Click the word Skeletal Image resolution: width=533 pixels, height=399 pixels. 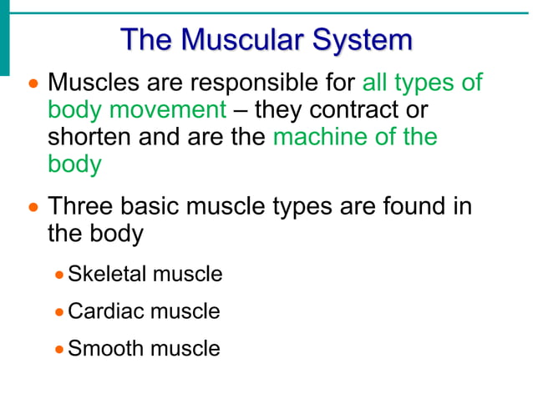tap(104, 274)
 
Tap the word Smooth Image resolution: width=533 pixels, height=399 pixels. tap(101, 348)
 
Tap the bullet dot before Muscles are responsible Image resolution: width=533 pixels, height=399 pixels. tap(33, 84)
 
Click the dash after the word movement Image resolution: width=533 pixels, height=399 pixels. tap(241, 110)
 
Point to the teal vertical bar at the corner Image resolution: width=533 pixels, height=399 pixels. tap(4, 38)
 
